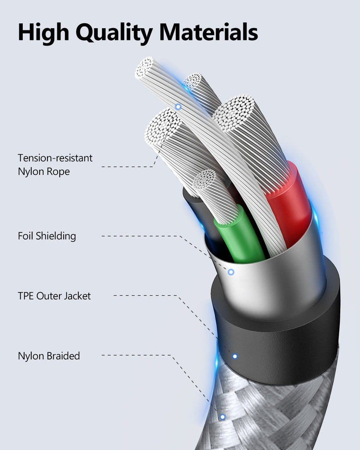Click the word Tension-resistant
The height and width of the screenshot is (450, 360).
pos(55,158)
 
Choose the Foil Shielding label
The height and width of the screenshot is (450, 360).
pos(47,236)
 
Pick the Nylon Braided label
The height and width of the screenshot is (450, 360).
pos(49,356)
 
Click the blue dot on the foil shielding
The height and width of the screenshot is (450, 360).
pos(231,272)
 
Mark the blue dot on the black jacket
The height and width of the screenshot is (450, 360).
pos(235,356)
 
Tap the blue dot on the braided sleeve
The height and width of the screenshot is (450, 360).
pos(222,416)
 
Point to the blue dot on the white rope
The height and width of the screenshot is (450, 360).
pos(178,107)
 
